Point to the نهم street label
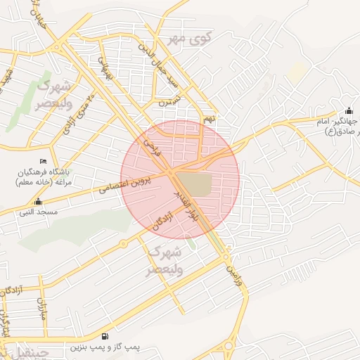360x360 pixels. pos(208,120)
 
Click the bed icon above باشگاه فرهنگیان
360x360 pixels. pos(43,162)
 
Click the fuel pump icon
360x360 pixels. pos(105,337)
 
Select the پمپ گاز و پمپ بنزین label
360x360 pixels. pos(105,347)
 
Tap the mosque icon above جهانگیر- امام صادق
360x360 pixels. pos(349,112)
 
